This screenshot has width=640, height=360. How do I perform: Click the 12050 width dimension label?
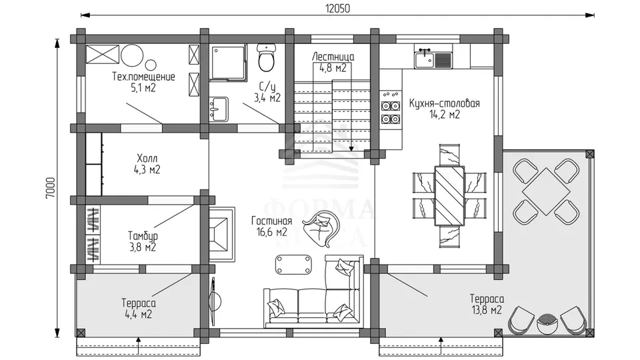tap(337, 8)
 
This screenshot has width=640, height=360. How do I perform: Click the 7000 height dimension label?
tap(50, 188)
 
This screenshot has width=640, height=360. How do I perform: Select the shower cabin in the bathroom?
tap(229, 63)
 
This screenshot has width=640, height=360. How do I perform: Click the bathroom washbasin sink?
tap(219, 109)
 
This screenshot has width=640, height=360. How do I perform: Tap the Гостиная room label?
tap(271, 221)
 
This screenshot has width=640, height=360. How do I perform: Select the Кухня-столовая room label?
tap(445, 103)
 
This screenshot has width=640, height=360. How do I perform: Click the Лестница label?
tap(333, 57)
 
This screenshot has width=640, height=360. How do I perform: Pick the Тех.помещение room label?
tap(143, 77)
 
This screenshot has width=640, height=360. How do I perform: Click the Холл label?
tap(147, 159)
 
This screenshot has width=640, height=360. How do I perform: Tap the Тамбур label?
tap(143, 236)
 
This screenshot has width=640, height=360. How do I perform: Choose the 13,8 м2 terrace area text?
tap(487, 310)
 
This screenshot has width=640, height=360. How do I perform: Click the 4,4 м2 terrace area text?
tap(139, 314)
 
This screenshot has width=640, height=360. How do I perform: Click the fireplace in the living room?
tap(222, 234)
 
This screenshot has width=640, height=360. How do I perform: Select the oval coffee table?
tap(294, 264)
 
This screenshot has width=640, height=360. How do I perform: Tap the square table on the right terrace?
tap(547, 191)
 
